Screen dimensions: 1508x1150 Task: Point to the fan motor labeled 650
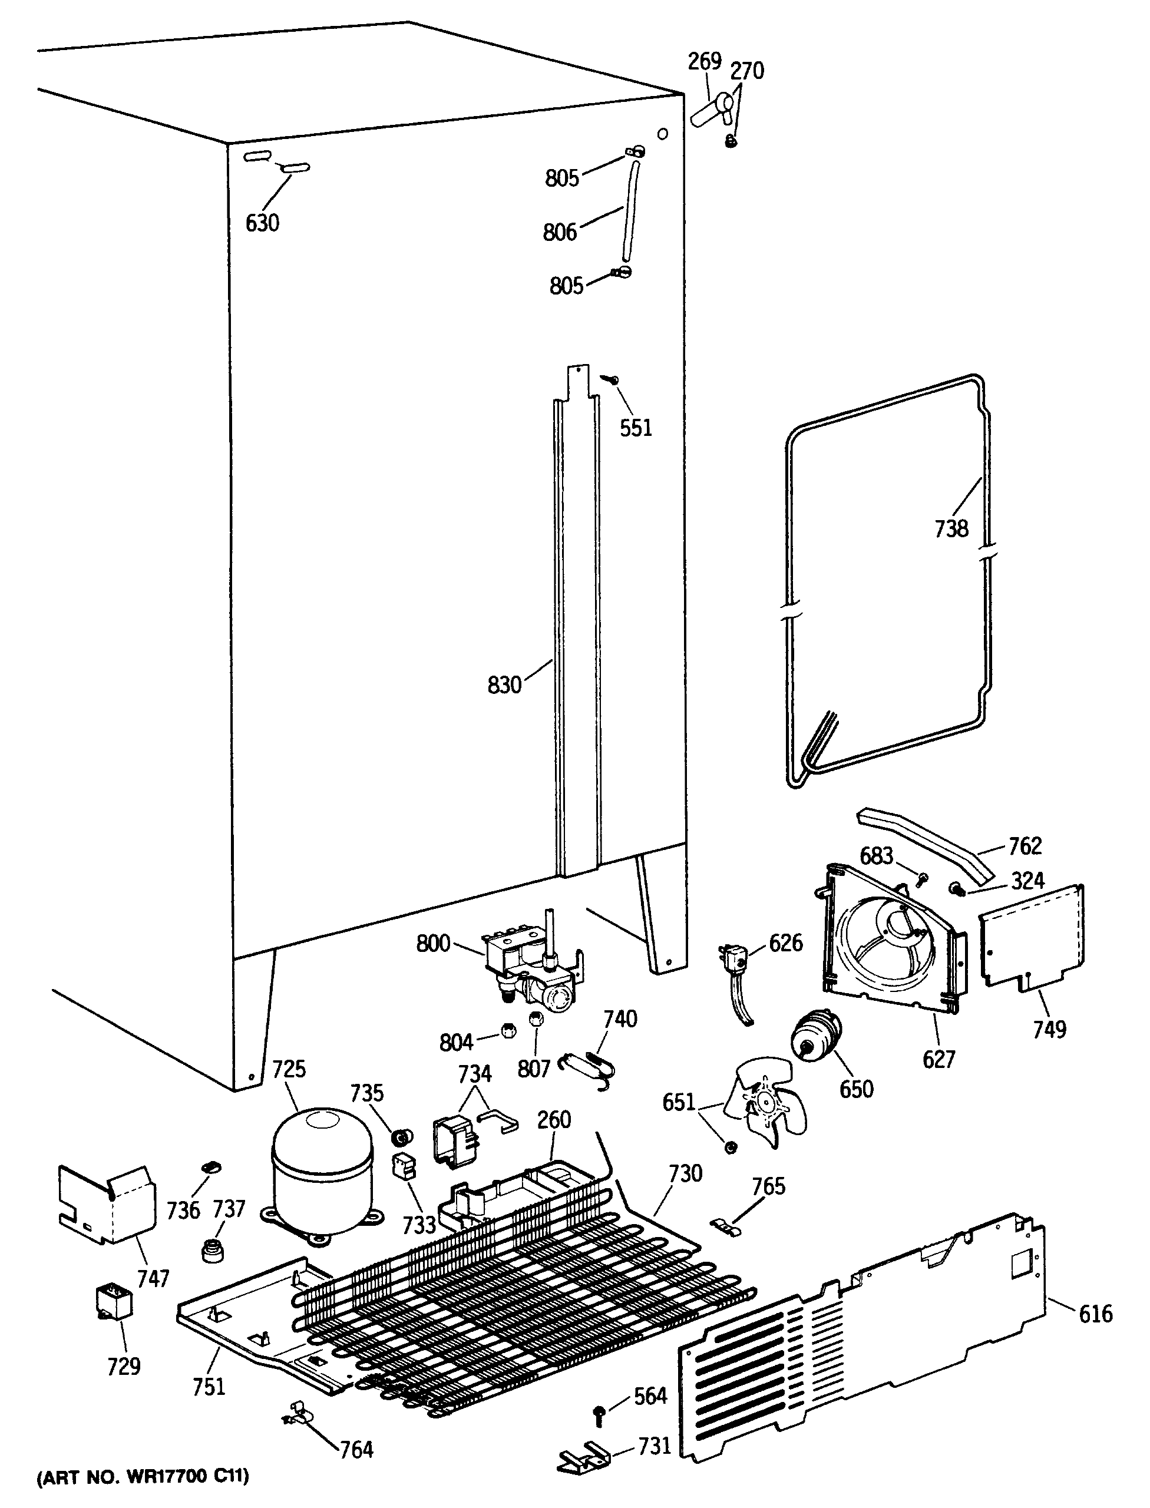click(x=816, y=1039)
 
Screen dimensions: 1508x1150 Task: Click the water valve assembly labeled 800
click(x=530, y=972)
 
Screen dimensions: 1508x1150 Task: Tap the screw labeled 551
click(x=608, y=378)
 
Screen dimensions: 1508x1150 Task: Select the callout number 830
click(x=504, y=684)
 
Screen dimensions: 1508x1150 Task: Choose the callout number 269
click(x=705, y=62)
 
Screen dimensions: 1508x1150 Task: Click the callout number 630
click(x=262, y=223)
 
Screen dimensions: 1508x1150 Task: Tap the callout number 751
click(x=209, y=1386)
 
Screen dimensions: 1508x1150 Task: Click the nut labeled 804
click(x=508, y=1032)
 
